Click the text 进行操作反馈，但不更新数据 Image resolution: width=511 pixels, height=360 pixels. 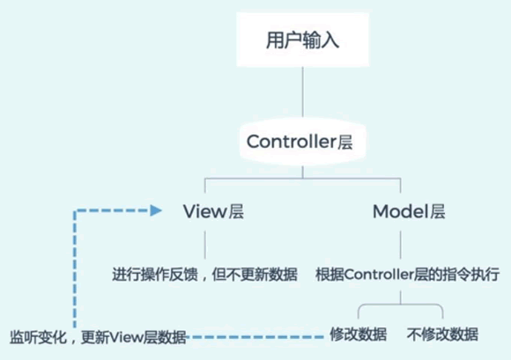(204, 275)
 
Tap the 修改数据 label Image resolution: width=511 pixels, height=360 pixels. (358, 334)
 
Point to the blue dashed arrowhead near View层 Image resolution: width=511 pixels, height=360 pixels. (156, 210)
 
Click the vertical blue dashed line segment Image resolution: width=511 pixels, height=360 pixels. (78, 264)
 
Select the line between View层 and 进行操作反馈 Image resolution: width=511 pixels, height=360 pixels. (206, 242)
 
